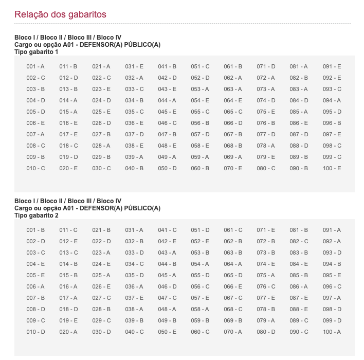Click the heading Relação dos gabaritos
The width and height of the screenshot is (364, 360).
pyautogui.click(x=60, y=14)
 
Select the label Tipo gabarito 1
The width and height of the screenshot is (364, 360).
pyautogui.click(x=37, y=52)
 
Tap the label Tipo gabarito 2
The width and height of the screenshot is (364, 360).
pyautogui.click(x=37, y=215)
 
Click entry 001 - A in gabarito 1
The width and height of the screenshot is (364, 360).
pyautogui.click(x=35, y=66)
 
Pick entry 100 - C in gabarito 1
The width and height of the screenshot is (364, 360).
pyautogui.click(x=332, y=168)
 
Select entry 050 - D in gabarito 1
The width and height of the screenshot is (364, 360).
pyautogui.click(x=167, y=168)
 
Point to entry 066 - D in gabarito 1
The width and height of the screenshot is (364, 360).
pyautogui.click(x=233, y=123)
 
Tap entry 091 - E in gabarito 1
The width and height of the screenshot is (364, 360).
pyautogui.click(x=332, y=66)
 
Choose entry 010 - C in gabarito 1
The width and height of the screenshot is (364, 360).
pyautogui.click(x=35, y=168)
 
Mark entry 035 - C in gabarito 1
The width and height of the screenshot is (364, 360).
pyautogui.click(x=134, y=112)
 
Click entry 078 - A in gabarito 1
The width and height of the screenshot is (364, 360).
pyautogui.click(x=266, y=146)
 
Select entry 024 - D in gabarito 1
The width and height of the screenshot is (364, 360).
pyautogui.click(x=101, y=100)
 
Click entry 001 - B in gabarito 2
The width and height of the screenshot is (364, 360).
pyautogui.click(x=35, y=230)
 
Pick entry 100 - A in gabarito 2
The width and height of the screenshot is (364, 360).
pyautogui.click(x=332, y=332)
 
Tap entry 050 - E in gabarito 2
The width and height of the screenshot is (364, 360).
pyautogui.click(x=167, y=332)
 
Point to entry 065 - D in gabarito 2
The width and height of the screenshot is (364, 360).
pyautogui.click(x=233, y=275)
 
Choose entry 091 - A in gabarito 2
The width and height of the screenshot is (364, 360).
pyautogui.click(x=332, y=230)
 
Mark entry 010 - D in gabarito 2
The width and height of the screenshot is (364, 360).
pyautogui.click(x=35, y=332)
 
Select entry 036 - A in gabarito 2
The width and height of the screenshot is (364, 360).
pyautogui.click(x=134, y=286)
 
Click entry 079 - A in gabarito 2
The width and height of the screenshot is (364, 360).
pyautogui.click(x=266, y=320)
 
